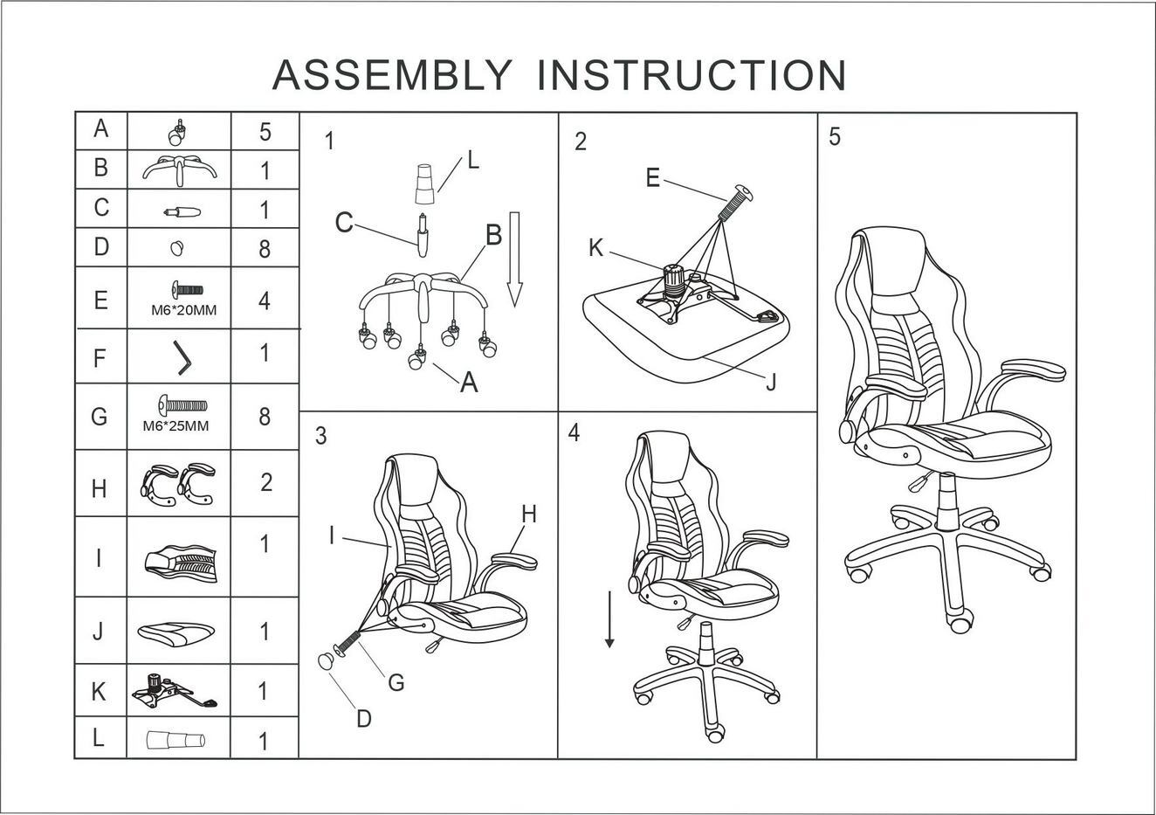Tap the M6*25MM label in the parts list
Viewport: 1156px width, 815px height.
pos(175,426)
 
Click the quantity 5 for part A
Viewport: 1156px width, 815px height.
pos(265,133)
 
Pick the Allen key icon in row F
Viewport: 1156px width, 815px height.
pos(182,357)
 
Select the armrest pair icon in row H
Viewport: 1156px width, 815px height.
pos(178,483)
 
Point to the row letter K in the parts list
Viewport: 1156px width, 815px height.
pos(99,692)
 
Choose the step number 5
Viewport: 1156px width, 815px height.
pos(835,138)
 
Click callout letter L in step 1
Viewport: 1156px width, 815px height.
pos(472,161)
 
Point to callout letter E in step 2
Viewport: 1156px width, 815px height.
pos(652,178)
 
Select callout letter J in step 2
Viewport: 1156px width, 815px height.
pos(770,383)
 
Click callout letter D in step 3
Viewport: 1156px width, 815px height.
pos(363,718)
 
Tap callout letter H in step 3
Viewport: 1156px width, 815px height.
pos(528,515)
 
